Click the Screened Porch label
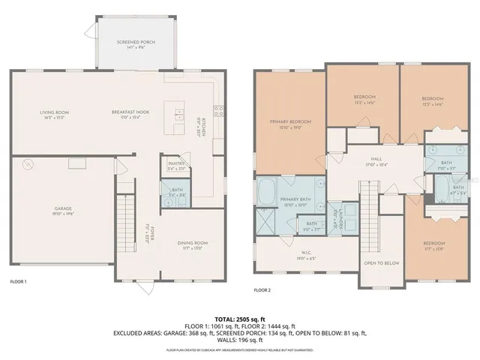[136, 42]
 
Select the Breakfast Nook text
[130, 112]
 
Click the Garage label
[62, 208]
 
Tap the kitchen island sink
[179, 115]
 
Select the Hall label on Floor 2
[376, 159]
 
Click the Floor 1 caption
[19, 281]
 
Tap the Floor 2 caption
[262, 289]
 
